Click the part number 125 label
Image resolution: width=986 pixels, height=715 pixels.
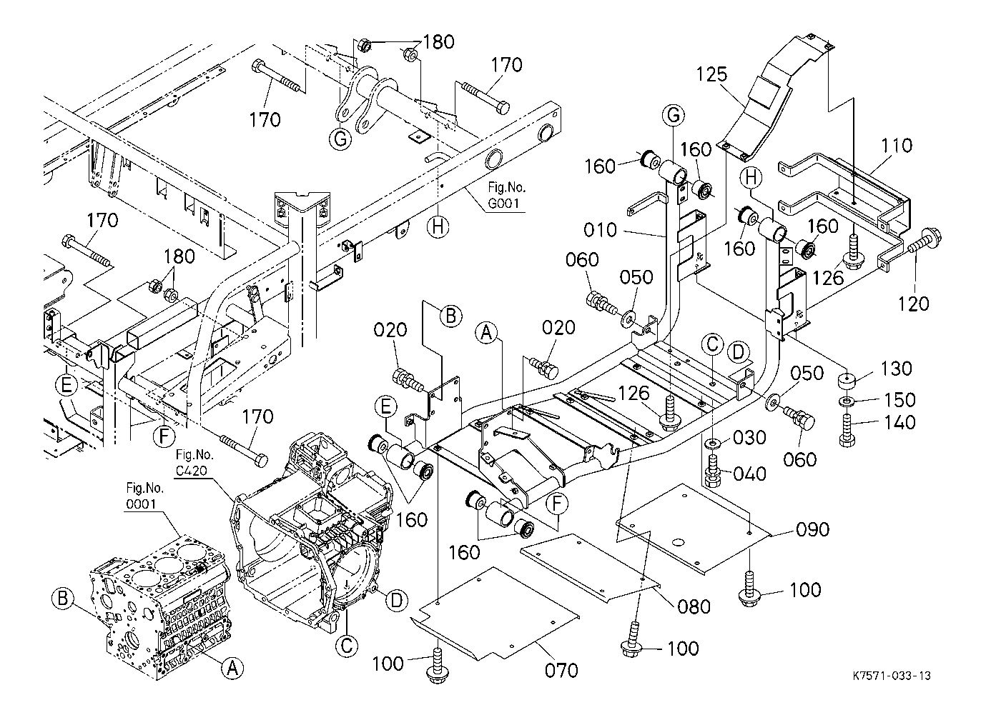pos(711,75)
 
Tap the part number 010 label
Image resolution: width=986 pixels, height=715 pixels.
pos(601,230)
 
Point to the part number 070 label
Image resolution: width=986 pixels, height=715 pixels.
pos(561,671)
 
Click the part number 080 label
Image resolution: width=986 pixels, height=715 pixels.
pos(694,607)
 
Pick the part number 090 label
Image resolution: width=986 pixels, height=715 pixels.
pos(812,530)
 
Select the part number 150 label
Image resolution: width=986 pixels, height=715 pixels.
pos(899,400)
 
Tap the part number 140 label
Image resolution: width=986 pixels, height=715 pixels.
pos(899,423)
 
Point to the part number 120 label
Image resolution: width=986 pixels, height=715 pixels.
pos(913,304)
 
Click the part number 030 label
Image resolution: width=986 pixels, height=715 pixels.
pos(749,438)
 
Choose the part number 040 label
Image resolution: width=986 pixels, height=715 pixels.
pos(749,474)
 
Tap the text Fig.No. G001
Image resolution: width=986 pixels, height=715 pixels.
pos(506,195)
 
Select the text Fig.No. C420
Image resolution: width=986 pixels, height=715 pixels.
pos(194,462)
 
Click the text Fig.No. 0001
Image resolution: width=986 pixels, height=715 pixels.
pos(144,496)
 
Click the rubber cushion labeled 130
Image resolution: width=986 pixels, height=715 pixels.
pos(847,381)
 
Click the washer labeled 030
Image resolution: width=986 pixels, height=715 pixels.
pos(714,442)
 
